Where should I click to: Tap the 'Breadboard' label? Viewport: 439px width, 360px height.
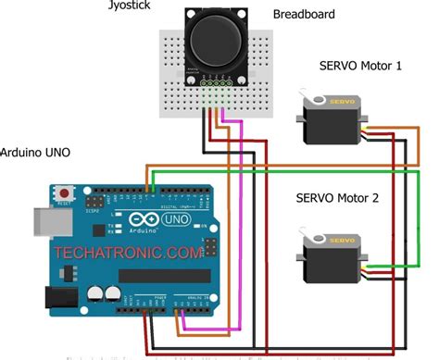coord(303,15)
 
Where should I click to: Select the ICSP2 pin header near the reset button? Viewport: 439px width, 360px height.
coord(94,201)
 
